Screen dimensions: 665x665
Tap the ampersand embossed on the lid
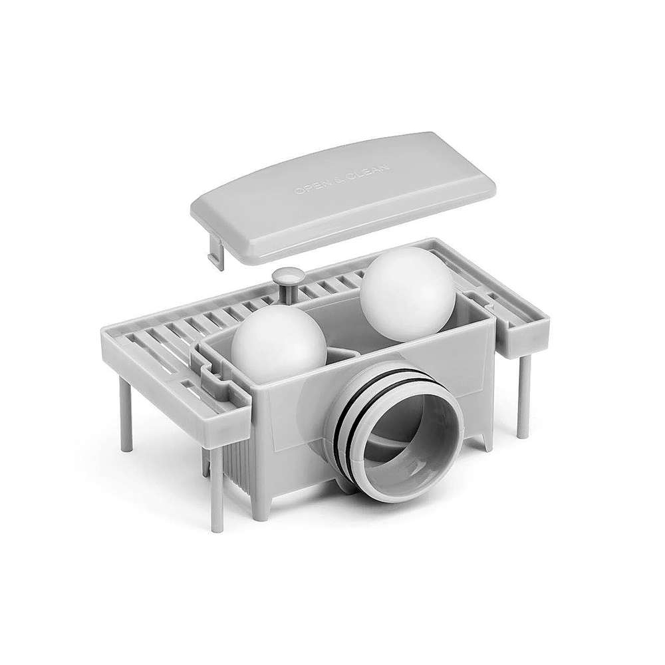(x=341, y=178)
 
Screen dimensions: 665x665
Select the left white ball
(x=279, y=340)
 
